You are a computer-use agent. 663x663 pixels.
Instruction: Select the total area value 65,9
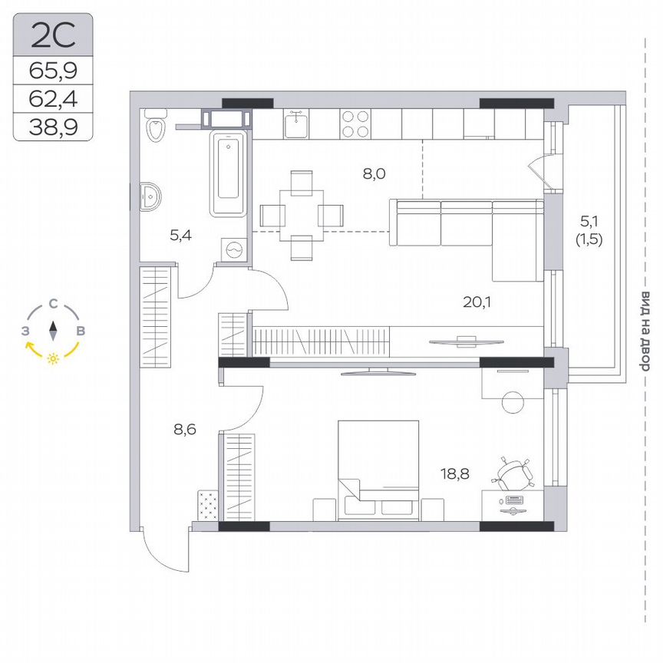coord(53,71)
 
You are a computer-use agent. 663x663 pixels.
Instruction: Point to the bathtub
coord(230,174)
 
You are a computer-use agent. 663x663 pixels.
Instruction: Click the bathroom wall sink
coord(150,196)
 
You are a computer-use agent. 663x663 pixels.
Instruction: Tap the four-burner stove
coord(355,124)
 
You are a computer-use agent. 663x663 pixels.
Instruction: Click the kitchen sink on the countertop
coord(297,123)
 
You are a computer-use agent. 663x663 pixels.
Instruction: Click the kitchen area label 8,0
coord(374,173)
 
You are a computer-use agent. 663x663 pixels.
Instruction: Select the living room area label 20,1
coord(477,302)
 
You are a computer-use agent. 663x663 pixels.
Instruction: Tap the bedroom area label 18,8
coord(453,475)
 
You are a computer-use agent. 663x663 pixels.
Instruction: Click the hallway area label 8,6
coord(185,430)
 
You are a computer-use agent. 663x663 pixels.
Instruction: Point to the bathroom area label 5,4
coord(180,235)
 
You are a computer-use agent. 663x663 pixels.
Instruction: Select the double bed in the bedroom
coord(379,468)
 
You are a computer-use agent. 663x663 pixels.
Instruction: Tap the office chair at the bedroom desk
coord(513,473)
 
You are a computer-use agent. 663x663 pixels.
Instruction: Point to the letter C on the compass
coord(52,304)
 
